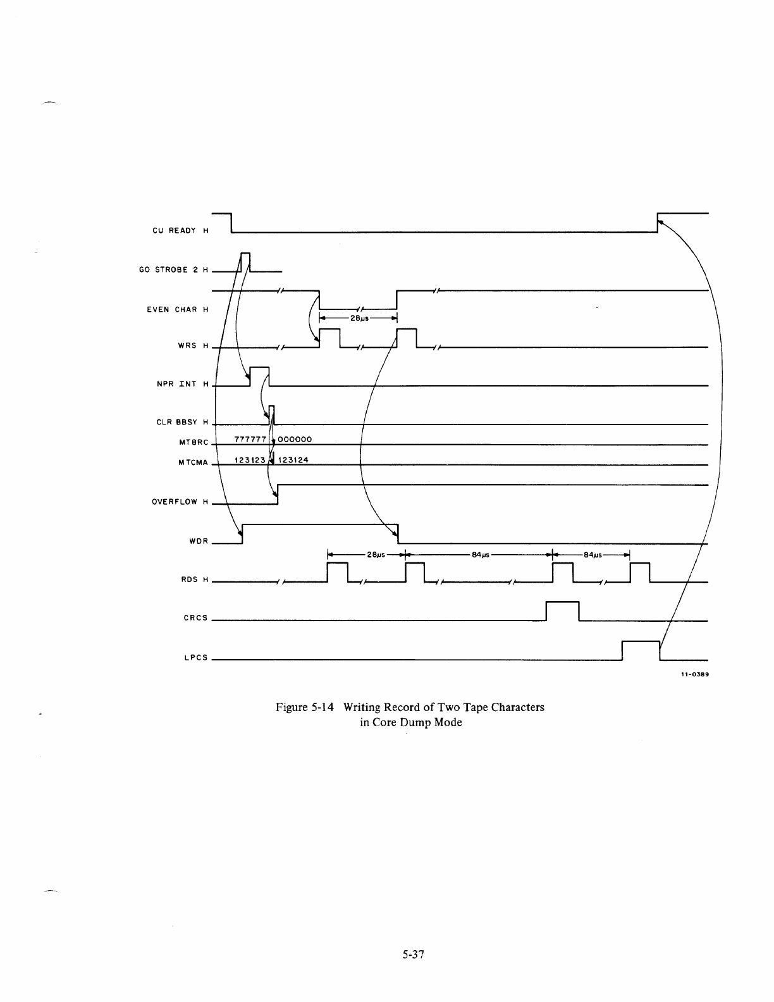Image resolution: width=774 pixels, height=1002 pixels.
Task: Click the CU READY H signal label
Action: [180, 230]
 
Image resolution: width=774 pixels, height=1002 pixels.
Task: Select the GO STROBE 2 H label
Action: [173, 270]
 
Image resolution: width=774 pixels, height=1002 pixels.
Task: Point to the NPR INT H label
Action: [182, 384]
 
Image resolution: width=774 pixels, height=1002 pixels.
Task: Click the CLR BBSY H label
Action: [181, 422]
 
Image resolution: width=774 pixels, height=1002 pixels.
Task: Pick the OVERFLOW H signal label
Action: [180, 502]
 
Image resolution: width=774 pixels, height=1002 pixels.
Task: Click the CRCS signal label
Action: [195, 617]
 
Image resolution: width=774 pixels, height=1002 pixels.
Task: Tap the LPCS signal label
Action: [195, 657]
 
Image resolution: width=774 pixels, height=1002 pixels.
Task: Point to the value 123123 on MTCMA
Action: [249, 460]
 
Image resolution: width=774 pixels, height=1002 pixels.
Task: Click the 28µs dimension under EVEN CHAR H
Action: [360, 319]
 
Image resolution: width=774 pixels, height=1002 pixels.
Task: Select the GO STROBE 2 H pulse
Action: [246, 261]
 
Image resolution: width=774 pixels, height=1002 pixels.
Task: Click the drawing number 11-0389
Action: [694, 674]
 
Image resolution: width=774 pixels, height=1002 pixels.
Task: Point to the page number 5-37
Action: [411, 955]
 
